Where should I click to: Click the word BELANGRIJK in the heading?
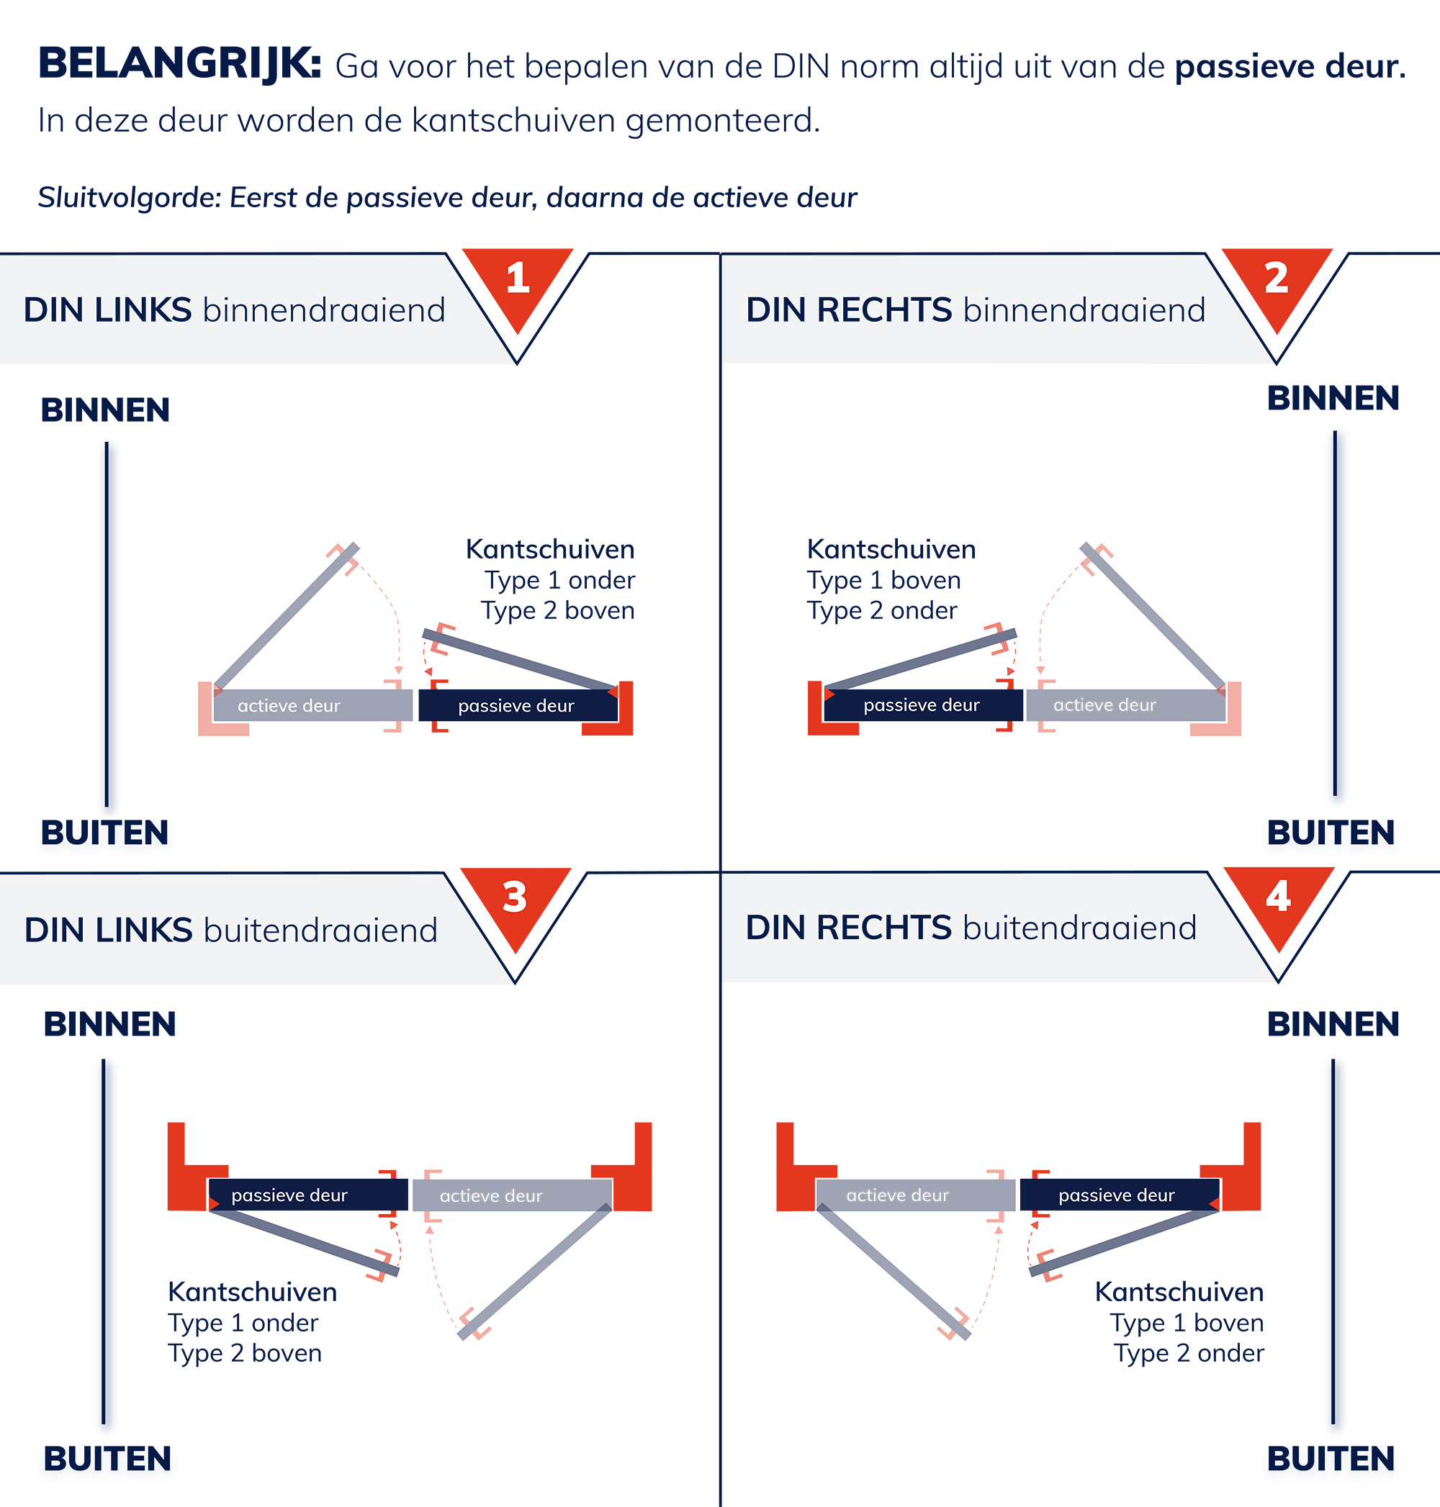click(x=179, y=63)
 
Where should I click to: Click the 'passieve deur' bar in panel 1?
click(x=518, y=705)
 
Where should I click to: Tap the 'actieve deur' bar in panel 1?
click(x=312, y=705)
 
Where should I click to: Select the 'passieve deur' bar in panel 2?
click(x=922, y=705)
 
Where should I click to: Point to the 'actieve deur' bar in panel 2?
click(x=1126, y=705)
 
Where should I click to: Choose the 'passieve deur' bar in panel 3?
click(x=308, y=1195)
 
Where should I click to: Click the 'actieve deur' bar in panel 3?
click(x=513, y=1195)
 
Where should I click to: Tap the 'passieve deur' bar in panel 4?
click(x=1120, y=1195)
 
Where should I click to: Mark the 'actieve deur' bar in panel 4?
click(x=916, y=1195)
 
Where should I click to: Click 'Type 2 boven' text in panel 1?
click(x=558, y=611)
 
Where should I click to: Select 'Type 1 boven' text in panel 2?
click(x=883, y=580)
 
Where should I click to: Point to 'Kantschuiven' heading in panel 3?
click(x=253, y=1291)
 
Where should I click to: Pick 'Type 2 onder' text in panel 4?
click(x=1189, y=1353)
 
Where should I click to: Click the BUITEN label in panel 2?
click(x=1331, y=833)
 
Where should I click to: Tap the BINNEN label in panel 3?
click(x=109, y=1024)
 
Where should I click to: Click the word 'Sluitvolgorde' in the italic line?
click(x=130, y=198)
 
